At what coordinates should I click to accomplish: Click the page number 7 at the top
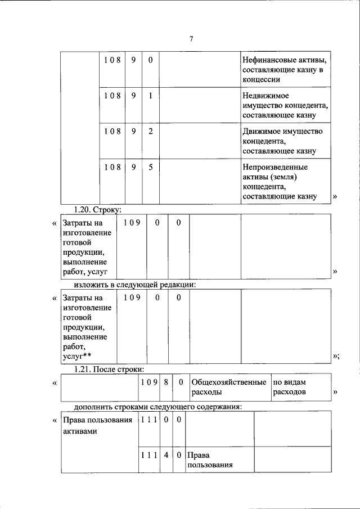pos(191,39)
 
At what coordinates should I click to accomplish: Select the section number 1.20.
pos(83,209)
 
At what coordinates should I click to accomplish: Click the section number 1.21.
pos(83,369)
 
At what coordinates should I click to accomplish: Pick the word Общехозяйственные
pos(228,382)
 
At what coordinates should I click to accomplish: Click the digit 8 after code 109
pos(165,382)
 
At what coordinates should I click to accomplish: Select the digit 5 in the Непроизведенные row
pos(150,167)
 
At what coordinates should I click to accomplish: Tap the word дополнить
pos(94,407)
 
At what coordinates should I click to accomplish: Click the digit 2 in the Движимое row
pos(150,131)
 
